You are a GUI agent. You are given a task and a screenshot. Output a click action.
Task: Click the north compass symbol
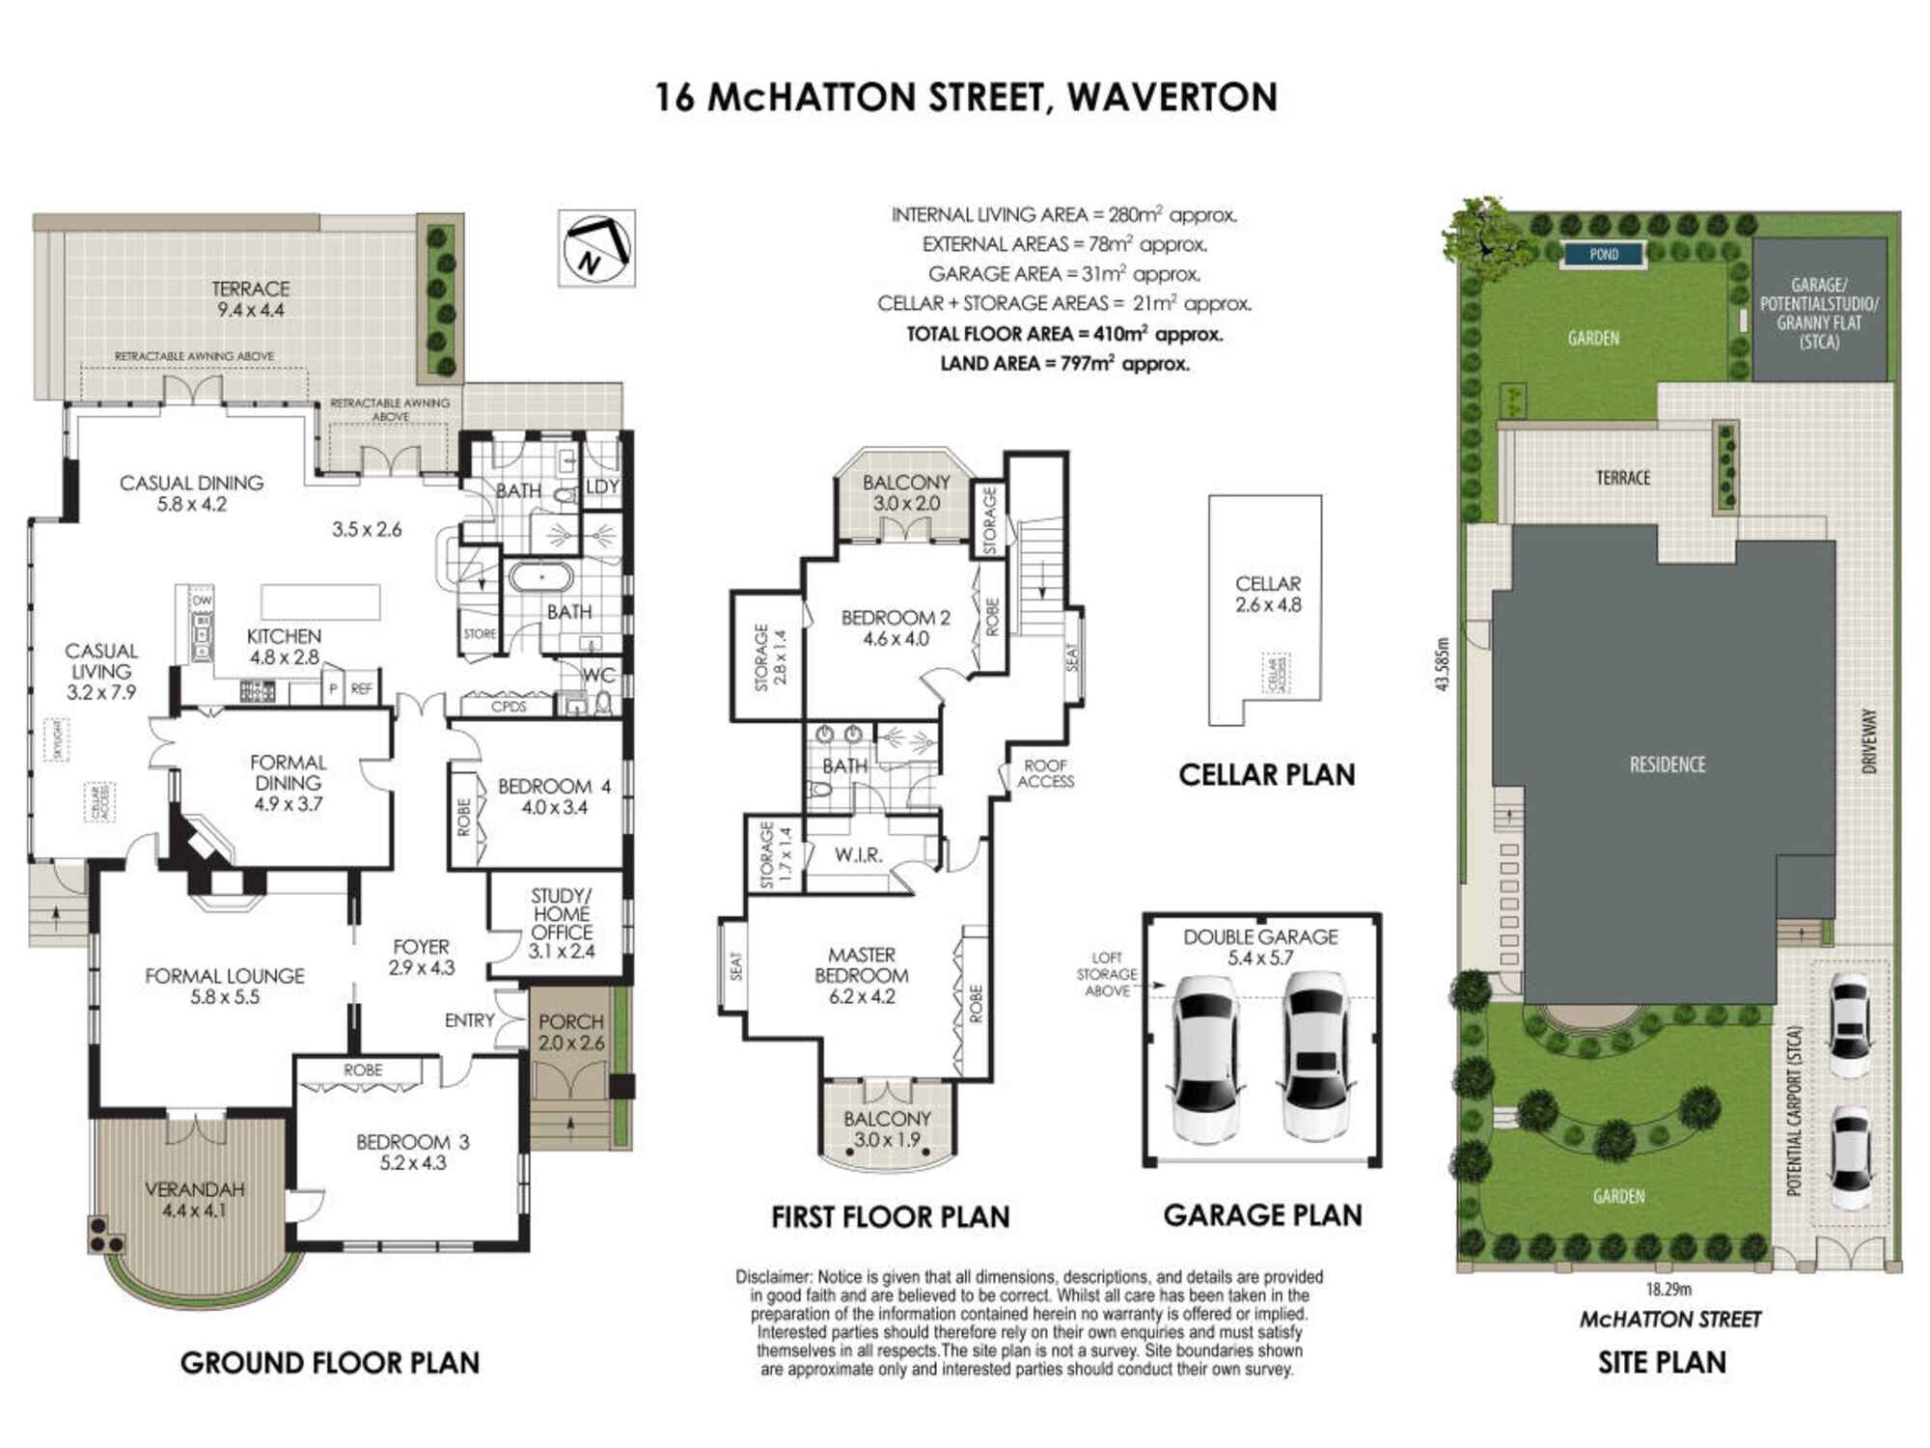(596, 247)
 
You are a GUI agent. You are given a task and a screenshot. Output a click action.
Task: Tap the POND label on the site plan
(1604, 255)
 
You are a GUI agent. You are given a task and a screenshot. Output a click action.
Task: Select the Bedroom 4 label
(554, 796)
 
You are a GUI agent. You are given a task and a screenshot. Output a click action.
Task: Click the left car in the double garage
(1205, 1058)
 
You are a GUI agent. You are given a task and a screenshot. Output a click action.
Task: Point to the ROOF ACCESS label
(1045, 773)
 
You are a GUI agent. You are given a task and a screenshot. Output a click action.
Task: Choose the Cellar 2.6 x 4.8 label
(1267, 595)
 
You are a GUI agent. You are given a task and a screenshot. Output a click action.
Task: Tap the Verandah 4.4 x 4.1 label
(194, 1200)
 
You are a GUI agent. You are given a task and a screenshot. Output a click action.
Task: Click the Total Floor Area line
(1064, 334)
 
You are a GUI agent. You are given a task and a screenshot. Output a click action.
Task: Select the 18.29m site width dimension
(1668, 1289)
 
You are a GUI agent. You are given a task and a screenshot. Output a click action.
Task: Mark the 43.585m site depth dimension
(1442, 663)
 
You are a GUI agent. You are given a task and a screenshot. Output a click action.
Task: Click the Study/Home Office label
(562, 923)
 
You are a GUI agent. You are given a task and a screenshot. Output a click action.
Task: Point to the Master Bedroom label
(861, 975)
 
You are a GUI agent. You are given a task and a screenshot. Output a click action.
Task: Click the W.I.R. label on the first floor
(858, 855)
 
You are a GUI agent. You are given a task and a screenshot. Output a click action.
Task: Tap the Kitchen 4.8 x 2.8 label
(284, 647)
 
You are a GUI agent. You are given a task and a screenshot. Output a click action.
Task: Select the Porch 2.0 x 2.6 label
(571, 1032)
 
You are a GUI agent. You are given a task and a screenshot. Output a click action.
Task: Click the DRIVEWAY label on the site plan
(1869, 741)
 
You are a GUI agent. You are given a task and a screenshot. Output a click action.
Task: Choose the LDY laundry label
(602, 487)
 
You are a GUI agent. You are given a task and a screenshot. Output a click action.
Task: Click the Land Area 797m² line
(1064, 364)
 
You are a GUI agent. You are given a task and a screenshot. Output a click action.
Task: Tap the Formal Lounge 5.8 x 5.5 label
(225, 986)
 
